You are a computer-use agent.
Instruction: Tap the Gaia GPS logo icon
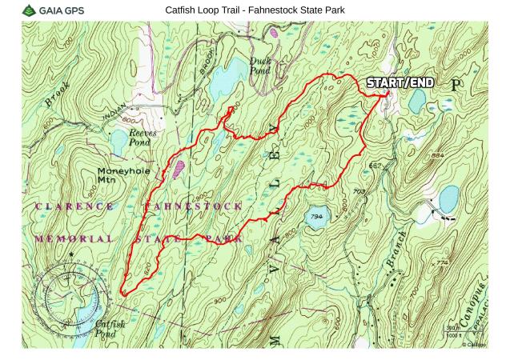pyautogui.click(x=30, y=10)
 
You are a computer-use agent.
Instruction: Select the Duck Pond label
pyautogui.click(x=260, y=65)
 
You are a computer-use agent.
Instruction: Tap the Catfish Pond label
pyautogui.click(x=110, y=328)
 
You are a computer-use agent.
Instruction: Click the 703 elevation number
pyautogui.click(x=359, y=191)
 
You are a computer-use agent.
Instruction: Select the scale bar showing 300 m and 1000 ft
pyautogui.click(x=460, y=330)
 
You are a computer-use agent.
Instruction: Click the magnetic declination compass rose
pyautogui.click(x=70, y=288)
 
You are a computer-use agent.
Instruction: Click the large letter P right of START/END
pyautogui.click(x=456, y=83)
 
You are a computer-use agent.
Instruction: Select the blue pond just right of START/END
pyautogui.click(x=417, y=100)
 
